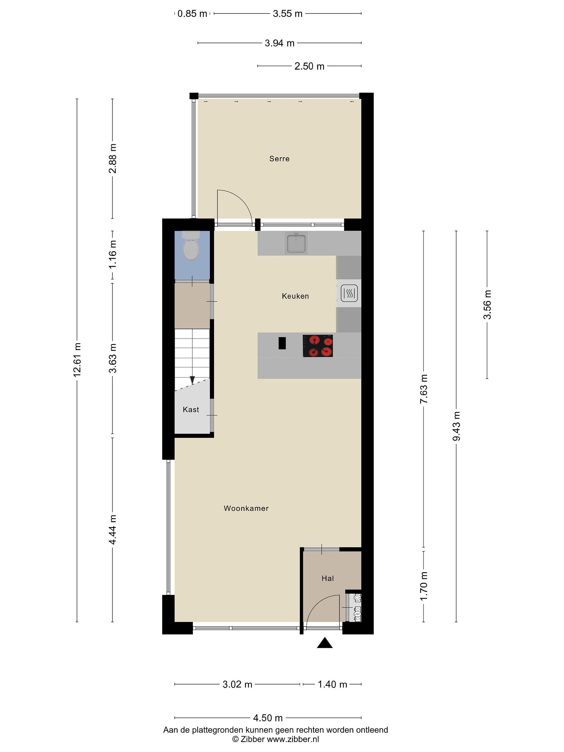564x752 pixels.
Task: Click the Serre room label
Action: coord(279,159)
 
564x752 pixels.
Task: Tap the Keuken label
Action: coord(295,296)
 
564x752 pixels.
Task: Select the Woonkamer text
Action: coord(246,508)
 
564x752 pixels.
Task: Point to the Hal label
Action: coord(328,578)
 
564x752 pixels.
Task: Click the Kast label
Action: coord(191,410)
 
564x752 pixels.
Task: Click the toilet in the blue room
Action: coord(191,246)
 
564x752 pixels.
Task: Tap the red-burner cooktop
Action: coord(318,346)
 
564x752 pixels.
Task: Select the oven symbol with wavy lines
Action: coord(349,293)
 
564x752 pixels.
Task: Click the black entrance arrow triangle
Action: coord(325,643)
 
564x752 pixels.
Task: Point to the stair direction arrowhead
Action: coord(192,380)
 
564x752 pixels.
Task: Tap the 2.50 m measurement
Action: coord(309,66)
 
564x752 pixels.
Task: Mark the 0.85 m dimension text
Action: coord(192,14)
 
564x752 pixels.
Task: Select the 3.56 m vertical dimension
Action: coord(487,305)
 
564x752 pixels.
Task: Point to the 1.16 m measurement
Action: coord(113,254)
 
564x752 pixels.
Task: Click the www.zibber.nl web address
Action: coord(293,739)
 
